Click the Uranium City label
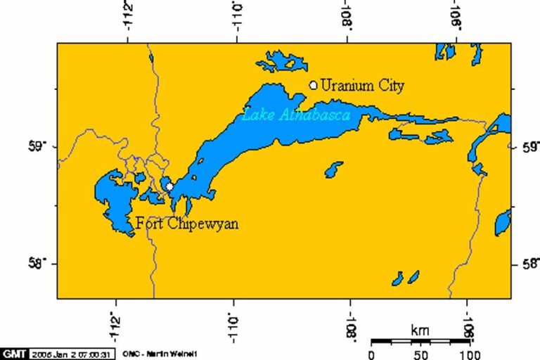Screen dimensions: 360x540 [x=362, y=86]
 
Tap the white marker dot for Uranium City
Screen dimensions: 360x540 [x=314, y=85]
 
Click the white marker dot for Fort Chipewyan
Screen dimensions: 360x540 [x=169, y=187]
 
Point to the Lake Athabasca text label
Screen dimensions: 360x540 [x=296, y=115]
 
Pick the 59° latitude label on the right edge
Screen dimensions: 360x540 [x=528, y=147]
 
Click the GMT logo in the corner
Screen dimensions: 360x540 [x=13, y=353]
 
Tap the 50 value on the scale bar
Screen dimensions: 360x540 [x=420, y=354]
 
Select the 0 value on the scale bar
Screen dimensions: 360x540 [x=371, y=354]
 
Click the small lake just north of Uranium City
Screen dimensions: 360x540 [x=281, y=62]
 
